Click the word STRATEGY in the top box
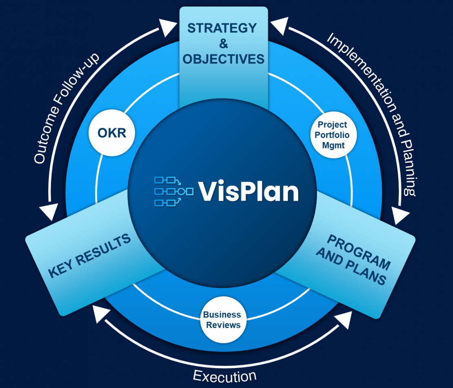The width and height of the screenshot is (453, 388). tap(222, 28)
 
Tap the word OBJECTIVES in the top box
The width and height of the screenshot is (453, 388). tap(223, 59)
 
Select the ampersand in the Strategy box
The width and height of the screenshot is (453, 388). tap(223, 43)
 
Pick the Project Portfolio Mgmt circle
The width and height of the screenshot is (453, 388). tap(333, 134)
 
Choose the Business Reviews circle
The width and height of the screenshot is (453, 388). tap(222, 320)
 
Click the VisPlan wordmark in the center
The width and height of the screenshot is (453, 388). tap(249, 191)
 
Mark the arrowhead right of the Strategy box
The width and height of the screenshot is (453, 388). tap(279, 27)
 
